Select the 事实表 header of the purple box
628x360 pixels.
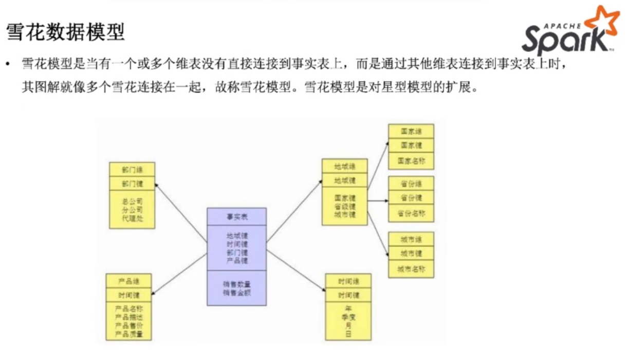pyautogui.click(x=237, y=217)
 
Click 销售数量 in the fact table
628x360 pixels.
pyautogui.click(x=237, y=284)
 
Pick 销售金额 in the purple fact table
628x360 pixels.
pyautogui.click(x=237, y=293)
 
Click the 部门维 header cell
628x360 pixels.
pyautogui.click(x=132, y=170)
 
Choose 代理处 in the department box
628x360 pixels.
pyautogui.click(x=132, y=218)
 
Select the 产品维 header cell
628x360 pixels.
pyautogui.click(x=128, y=281)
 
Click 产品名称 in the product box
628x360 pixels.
pyautogui.click(x=128, y=309)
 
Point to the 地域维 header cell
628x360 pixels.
pyautogui.click(x=344, y=166)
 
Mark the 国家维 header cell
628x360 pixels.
pyautogui.click(x=411, y=131)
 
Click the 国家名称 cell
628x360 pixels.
pyautogui.click(x=411, y=160)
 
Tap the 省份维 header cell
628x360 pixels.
pyautogui.click(x=411, y=184)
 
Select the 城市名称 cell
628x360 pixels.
pyautogui.click(x=411, y=268)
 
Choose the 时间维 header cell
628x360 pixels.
pyautogui.click(x=348, y=281)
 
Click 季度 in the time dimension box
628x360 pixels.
pyautogui.click(x=348, y=317)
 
